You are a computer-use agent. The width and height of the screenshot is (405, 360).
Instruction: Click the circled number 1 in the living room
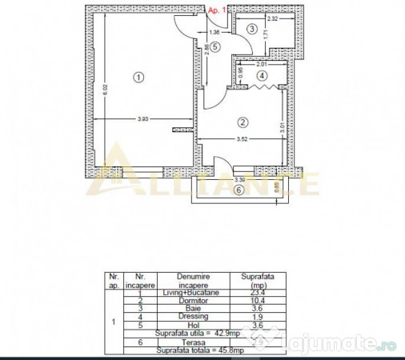[138, 78]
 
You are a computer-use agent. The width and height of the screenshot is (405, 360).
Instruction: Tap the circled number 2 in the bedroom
[243, 122]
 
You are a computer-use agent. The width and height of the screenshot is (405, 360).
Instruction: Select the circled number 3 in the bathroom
[252, 30]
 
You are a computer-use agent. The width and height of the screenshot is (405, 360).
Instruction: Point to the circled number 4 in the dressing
[261, 76]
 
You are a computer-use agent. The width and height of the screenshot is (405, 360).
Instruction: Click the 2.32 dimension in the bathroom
[273, 18]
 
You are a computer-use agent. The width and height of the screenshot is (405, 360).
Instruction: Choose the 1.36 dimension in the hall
[214, 32]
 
